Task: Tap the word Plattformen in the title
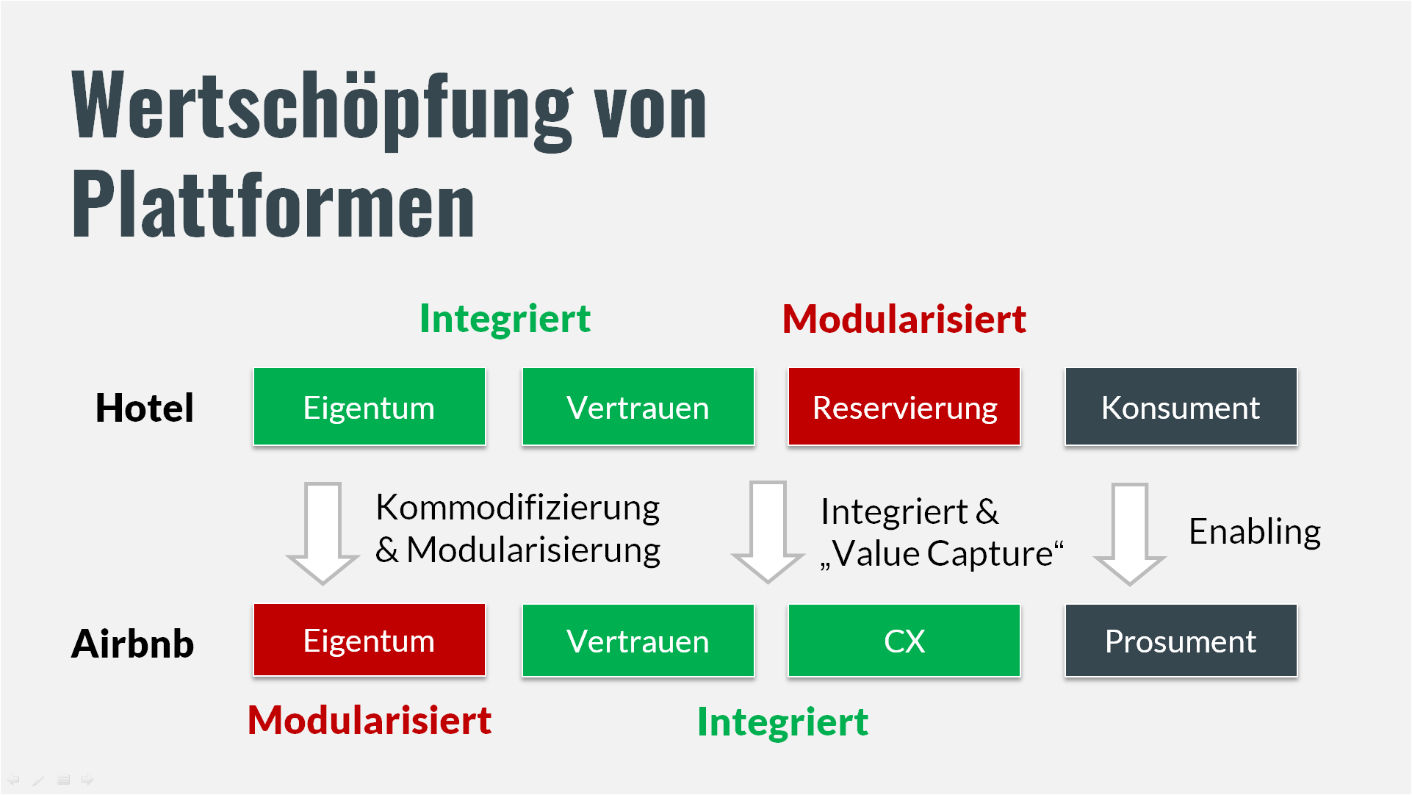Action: pos(273,204)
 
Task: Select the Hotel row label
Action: pos(145,408)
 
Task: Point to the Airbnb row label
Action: pos(132,644)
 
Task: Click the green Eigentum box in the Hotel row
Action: pos(370,407)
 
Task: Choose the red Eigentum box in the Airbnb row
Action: pos(370,640)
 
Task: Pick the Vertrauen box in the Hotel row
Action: pos(638,407)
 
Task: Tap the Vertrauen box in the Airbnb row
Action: pos(638,641)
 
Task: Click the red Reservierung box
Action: pos(904,407)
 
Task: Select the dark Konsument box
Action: pos(1181,407)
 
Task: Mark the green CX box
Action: pos(904,641)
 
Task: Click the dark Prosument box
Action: pos(1181,641)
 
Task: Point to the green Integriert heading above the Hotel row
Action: pos(505,319)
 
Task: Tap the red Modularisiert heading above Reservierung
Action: pos(904,319)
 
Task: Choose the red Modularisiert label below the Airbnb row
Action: pos(370,720)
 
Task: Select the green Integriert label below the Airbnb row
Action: pos(782,722)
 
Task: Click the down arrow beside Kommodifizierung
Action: pos(323,533)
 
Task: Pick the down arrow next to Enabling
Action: pos(1130,534)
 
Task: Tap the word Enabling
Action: pos(1255,532)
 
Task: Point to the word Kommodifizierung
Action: pos(518,508)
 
